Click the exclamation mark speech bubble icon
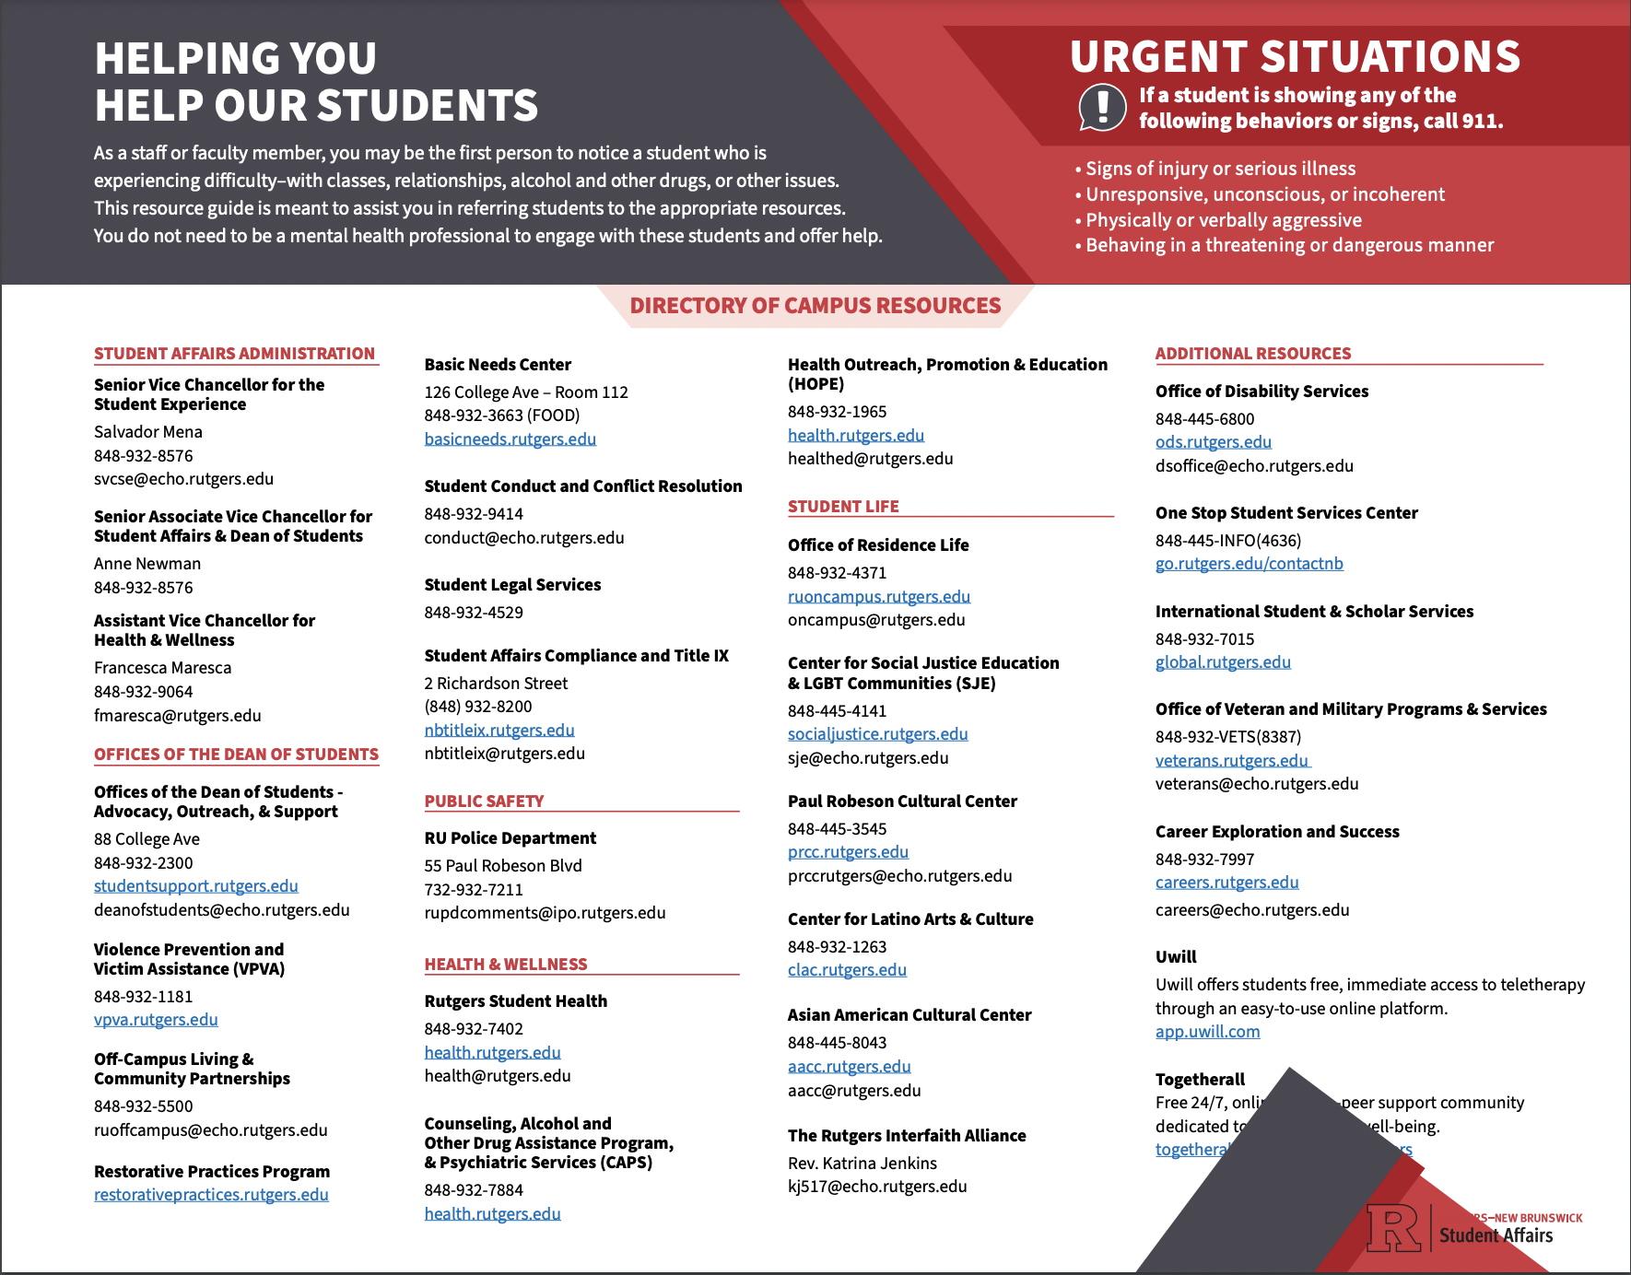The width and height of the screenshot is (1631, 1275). coord(1102,107)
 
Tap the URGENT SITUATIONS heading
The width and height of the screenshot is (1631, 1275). coord(1295,57)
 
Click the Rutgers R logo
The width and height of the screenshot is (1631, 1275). coord(1393,1228)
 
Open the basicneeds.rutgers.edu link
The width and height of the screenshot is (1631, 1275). coord(510,439)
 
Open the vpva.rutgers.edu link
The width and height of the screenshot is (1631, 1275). coord(156,1020)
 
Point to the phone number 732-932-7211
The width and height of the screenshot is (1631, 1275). coord(474,890)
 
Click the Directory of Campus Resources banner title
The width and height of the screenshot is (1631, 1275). coord(815,306)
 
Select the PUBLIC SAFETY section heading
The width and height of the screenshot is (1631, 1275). coord(484,801)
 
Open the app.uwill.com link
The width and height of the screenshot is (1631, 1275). coord(1207,1032)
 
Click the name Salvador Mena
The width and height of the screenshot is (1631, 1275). coord(148,432)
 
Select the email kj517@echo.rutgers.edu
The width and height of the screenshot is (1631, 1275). coord(877,1187)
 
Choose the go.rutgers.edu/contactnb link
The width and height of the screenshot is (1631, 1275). coord(1249,564)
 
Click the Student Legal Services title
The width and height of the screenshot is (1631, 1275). coord(512,585)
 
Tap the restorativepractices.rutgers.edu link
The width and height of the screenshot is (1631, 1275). coord(211,1195)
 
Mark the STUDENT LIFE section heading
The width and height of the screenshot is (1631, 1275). coord(843,507)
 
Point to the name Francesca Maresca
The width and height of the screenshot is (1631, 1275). coord(162,668)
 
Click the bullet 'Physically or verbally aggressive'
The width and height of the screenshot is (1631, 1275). coord(1223,220)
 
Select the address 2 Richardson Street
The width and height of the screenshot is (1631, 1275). coord(496,684)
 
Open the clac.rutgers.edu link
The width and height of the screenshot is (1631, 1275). coord(847,970)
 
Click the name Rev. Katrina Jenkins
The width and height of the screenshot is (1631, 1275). coord(862,1164)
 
